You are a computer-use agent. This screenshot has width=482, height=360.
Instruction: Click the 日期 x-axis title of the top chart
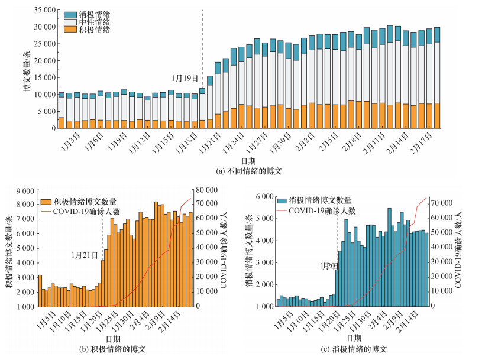pyautogui.click(x=241, y=161)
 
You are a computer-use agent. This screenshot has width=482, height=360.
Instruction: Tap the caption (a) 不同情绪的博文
pyautogui.click(x=241, y=171)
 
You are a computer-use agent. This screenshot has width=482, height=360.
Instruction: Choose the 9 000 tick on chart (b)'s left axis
pyautogui.click(x=26, y=190)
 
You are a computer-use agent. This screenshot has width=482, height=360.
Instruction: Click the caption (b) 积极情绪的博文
pyautogui.click(x=112, y=350)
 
